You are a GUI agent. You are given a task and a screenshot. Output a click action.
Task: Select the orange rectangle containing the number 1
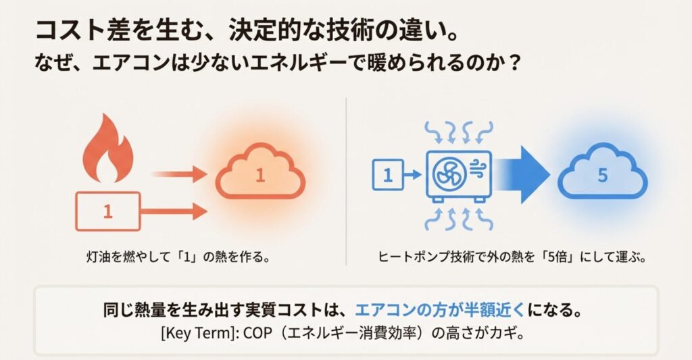[107, 212]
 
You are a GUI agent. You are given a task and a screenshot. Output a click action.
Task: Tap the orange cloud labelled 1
[260, 177]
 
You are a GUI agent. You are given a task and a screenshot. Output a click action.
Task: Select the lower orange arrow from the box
[176, 212]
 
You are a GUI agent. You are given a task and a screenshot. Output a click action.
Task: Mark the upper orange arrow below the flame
[178, 174]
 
